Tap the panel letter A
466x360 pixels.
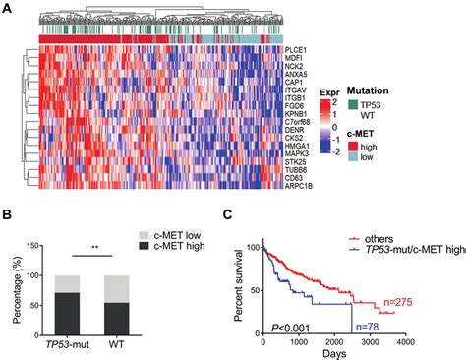click(x=7, y=7)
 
